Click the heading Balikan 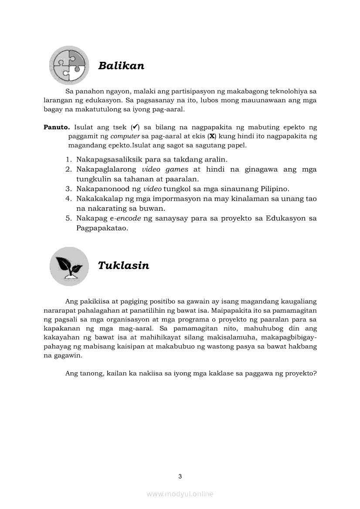(121, 66)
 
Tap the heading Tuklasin (123, 266)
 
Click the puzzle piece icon (69, 66)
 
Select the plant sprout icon (69, 266)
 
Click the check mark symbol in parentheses (135, 128)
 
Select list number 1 (69, 160)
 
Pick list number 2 (69, 169)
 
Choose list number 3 (69, 189)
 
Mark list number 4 (69, 199)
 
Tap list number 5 (69, 218)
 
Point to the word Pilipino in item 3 (273, 189)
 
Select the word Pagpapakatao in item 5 (101, 228)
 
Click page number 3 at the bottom (180, 476)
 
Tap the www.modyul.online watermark (180, 494)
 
